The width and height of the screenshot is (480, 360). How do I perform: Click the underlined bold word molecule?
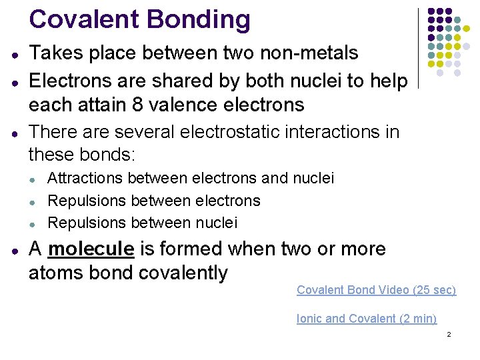(91, 249)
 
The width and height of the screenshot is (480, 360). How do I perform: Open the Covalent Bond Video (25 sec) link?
(376, 290)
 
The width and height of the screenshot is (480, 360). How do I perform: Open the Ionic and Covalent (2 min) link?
(366, 319)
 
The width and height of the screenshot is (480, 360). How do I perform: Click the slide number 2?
(449, 334)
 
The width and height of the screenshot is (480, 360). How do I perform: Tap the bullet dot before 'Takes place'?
(15, 54)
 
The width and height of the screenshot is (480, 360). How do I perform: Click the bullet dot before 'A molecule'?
(15, 250)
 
